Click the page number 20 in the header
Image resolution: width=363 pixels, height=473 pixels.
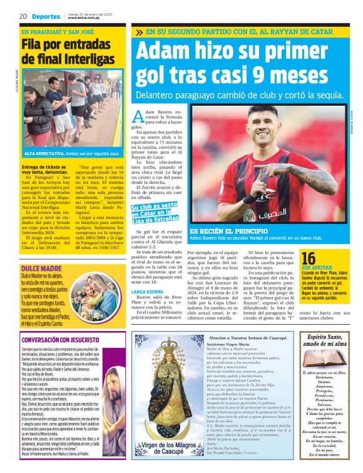[x=22, y=16]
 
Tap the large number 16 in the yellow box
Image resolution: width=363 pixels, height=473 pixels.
[x=308, y=258]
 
